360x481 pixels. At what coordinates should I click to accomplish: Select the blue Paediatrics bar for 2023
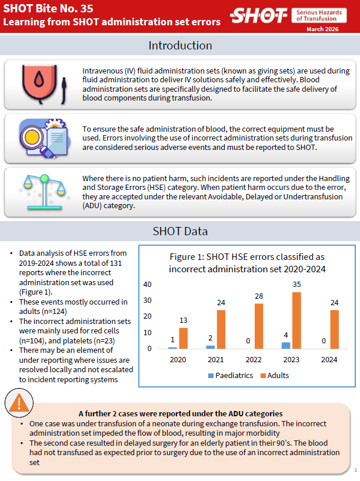tap(286, 346)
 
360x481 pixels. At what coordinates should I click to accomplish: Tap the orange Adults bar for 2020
tap(183, 338)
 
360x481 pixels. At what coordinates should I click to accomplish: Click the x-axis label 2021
tap(215, 359)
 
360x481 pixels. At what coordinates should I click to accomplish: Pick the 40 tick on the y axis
tap(148, 285)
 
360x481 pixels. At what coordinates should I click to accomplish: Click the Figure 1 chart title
tap(246, 263)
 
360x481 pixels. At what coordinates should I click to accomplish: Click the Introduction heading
tap(180, 45)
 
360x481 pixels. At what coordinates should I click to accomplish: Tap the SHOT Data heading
tap(180, 232)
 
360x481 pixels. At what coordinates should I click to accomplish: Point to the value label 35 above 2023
tap(296, 285)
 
